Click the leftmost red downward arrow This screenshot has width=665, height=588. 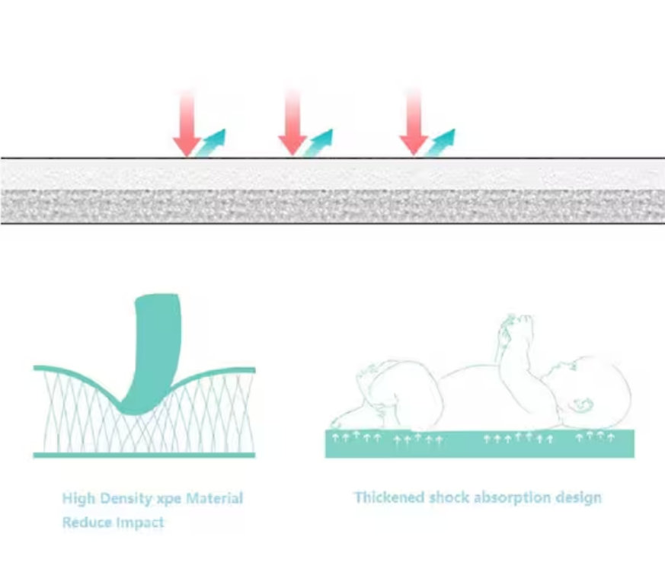pos(187,126)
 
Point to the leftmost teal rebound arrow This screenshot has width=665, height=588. pos(211,143)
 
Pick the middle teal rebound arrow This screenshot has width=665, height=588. pos(318,142)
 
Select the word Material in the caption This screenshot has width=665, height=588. pos(214,499)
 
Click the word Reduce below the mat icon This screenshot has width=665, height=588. pos(86,522)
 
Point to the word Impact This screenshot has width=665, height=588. pos(139,523)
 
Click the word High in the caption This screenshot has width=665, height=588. pos(78,500)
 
